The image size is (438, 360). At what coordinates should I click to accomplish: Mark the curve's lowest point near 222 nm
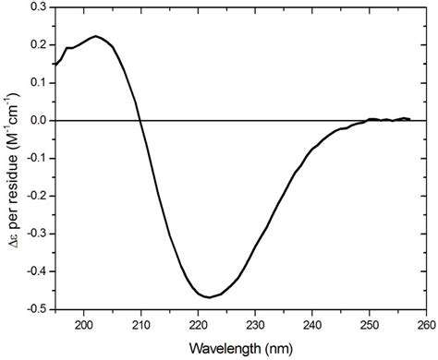pos(211,297)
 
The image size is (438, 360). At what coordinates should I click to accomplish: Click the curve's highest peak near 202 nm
pos(96,37)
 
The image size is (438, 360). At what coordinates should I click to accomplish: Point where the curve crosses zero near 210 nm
pos(140,120)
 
